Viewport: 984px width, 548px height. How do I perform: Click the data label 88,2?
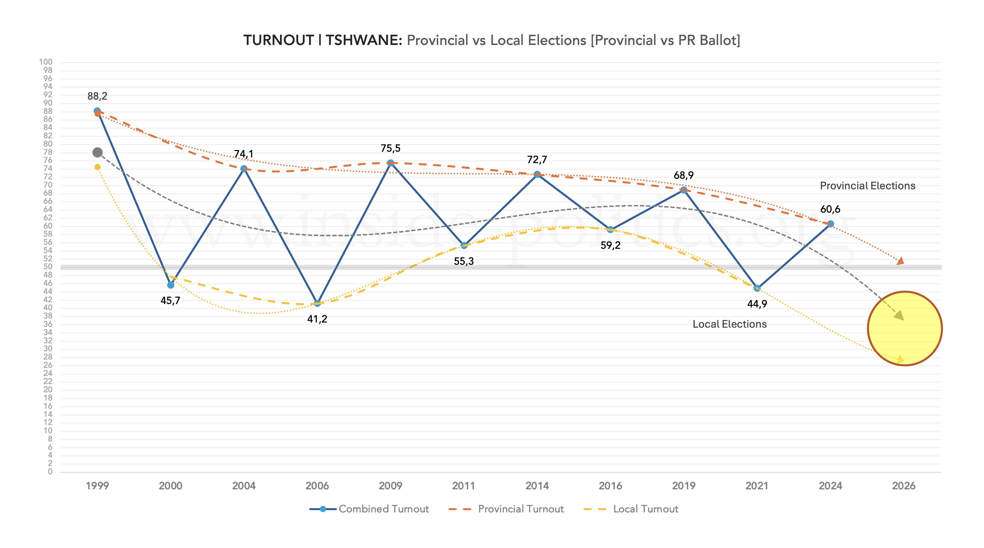pyautogui.click(x=97, y=96)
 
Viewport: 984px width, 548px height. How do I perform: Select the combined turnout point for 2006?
pyautogui.click(x=317, y=303)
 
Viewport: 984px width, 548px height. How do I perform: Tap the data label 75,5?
pyautogui.click(x=390, y=148)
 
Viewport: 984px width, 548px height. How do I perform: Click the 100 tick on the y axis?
pyautogui.click(x=46, y=62)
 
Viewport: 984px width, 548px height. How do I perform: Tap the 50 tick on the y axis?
pyautogui.click(x=48, y=266)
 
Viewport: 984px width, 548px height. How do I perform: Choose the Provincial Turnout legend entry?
pyautogui.click(x=506, y=509)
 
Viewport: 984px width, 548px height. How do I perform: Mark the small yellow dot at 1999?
pyautogui.click(x=97, y=167)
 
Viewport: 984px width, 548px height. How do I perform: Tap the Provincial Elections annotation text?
pyautogui.click(x=868, y=186)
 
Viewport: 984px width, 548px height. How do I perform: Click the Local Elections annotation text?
pyautogui.click(x=730, y=324)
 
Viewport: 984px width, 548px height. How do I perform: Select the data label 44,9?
pyautogui.click(x=757, y=304)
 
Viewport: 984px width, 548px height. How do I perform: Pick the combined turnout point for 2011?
pyautogui.click(x=464, y=245)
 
